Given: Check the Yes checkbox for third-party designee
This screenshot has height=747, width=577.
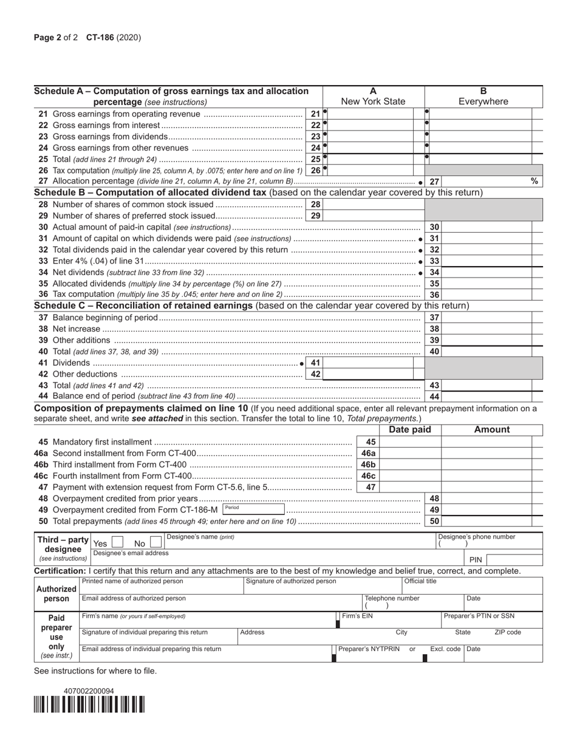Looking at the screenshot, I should point(118,543).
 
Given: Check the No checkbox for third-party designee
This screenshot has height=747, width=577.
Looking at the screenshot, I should point(155,543).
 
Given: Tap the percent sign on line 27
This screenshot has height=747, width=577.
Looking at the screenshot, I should point(534,181).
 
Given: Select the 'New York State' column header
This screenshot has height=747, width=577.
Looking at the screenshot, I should point(373,101).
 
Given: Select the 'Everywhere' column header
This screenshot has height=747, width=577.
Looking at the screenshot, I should point(483,101).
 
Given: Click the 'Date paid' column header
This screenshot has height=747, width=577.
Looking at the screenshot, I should point(410,430).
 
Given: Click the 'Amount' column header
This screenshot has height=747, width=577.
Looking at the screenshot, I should point(491,430).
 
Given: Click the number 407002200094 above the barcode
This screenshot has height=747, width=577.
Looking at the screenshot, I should point(89,691).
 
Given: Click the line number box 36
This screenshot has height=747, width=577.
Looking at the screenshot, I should point(434,295).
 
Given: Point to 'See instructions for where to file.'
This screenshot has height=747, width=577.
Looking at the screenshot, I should point(95,671).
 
